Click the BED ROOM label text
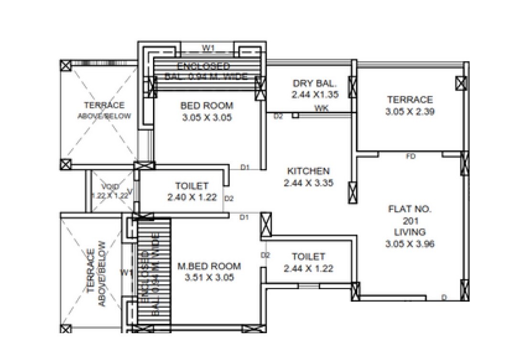207,106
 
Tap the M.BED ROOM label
209,266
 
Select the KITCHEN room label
308,171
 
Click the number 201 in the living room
410,221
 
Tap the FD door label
410,156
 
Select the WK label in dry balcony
321,109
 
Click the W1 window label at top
207,48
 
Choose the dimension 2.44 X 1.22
308,269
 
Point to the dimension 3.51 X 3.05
209,277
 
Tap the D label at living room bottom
444,297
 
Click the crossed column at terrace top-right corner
461,84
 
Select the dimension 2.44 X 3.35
308,183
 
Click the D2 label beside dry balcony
278,116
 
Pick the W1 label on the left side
126,273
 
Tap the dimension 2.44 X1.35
315,95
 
